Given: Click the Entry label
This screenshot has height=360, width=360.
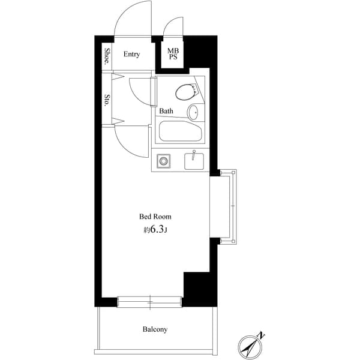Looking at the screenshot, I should [x=131, y=55].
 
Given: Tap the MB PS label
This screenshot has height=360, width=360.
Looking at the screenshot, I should [x=173, y=54].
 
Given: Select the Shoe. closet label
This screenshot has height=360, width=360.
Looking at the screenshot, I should [x=107, y=56].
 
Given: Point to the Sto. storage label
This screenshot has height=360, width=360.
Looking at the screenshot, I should [x=107, y=100].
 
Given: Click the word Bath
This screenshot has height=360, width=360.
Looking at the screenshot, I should [x=166, y=111].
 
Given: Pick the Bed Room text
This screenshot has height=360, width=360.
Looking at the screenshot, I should [x=155, y=216].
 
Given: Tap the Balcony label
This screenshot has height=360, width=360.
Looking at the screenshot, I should [x=155, y=329].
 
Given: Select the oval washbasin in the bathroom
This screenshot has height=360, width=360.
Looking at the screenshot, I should [x=194, y=112].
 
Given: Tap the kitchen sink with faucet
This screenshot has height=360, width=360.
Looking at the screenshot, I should [x=194, y=160].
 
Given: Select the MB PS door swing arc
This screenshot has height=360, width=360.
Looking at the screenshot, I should [x=173, y=27].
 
